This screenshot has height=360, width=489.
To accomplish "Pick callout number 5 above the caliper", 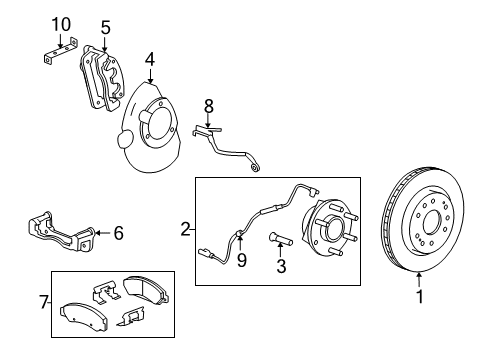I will point(105,27).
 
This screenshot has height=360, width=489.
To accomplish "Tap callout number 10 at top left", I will point(61,23).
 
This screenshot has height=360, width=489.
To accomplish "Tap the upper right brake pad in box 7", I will point(145,291).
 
